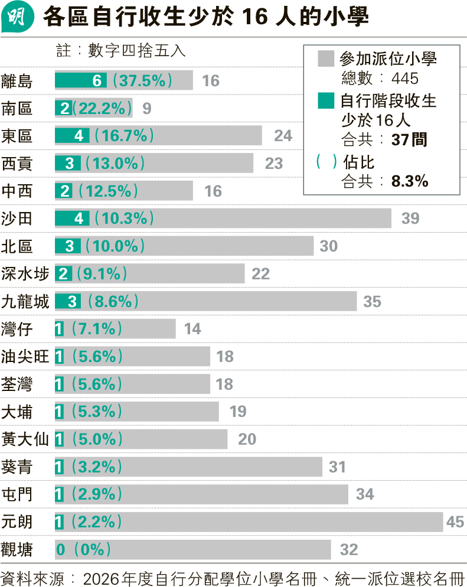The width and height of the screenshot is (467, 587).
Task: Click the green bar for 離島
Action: click(x=81, y=80)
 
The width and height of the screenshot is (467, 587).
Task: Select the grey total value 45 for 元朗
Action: click(x=455, y=522)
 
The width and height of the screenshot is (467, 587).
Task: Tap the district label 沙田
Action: click(x=17, y=219)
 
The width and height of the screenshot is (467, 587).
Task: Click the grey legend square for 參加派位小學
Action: click(x=326, y=59)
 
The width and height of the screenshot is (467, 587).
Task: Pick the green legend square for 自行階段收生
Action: click(x=326, y=101)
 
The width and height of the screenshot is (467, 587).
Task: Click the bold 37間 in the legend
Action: click(x=409, y=140)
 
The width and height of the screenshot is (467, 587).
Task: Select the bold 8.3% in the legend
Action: click(x=410, y=181)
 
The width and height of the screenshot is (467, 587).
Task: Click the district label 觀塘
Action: click(x=17, y=550)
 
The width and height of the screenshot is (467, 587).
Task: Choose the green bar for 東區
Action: click(x=72, y=135)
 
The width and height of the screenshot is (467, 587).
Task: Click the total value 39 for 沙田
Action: click(x=410, y=219)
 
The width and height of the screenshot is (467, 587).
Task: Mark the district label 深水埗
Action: click(x=25, y=273)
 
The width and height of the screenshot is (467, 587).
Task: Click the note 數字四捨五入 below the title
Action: click(x=136, y=51)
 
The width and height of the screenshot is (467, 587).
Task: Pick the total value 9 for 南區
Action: click(x=147, y=108)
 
